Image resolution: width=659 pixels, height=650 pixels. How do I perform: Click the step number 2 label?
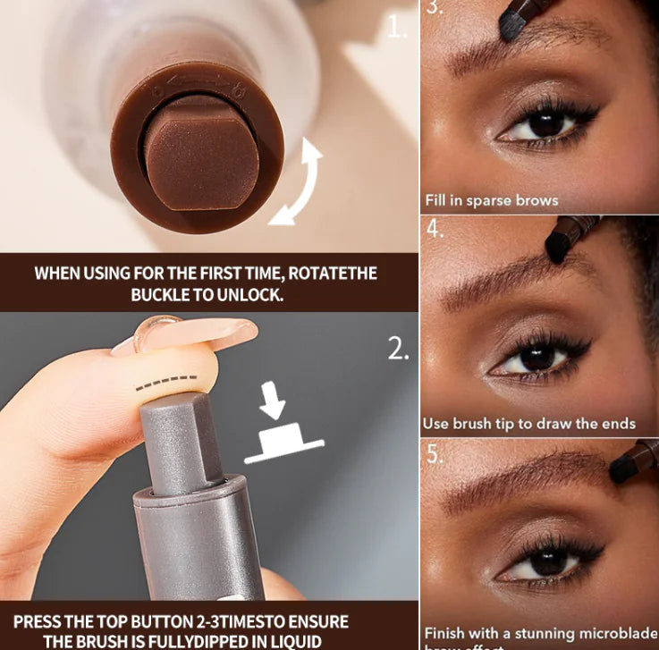coord(398,349)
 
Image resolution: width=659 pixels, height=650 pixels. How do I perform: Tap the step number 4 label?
coord(435,229)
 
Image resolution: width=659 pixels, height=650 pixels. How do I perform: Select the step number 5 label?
coord(435,453)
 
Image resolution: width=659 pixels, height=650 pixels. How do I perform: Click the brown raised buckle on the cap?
coord(203,151)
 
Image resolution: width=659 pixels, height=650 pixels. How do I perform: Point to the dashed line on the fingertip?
coord(166,383)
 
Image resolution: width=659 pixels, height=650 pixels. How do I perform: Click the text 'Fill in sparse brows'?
coord(491,200)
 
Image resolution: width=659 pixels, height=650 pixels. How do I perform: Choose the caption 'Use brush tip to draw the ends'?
coord(528,423)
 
